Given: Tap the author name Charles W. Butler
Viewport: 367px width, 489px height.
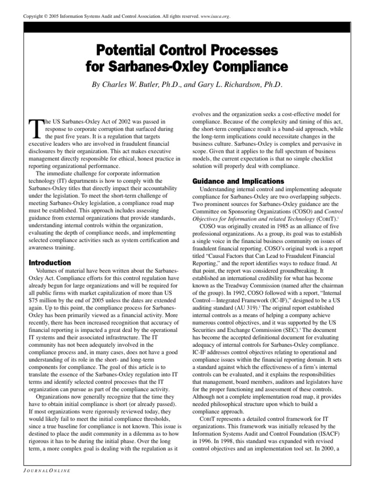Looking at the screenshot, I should pyautogui.click(x=137, y=85).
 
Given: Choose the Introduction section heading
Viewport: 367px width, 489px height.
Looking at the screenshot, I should pyautogui.click(x=50, y=263).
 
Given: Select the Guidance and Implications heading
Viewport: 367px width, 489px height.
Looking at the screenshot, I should pyautogui.click(x=231, y=181).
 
